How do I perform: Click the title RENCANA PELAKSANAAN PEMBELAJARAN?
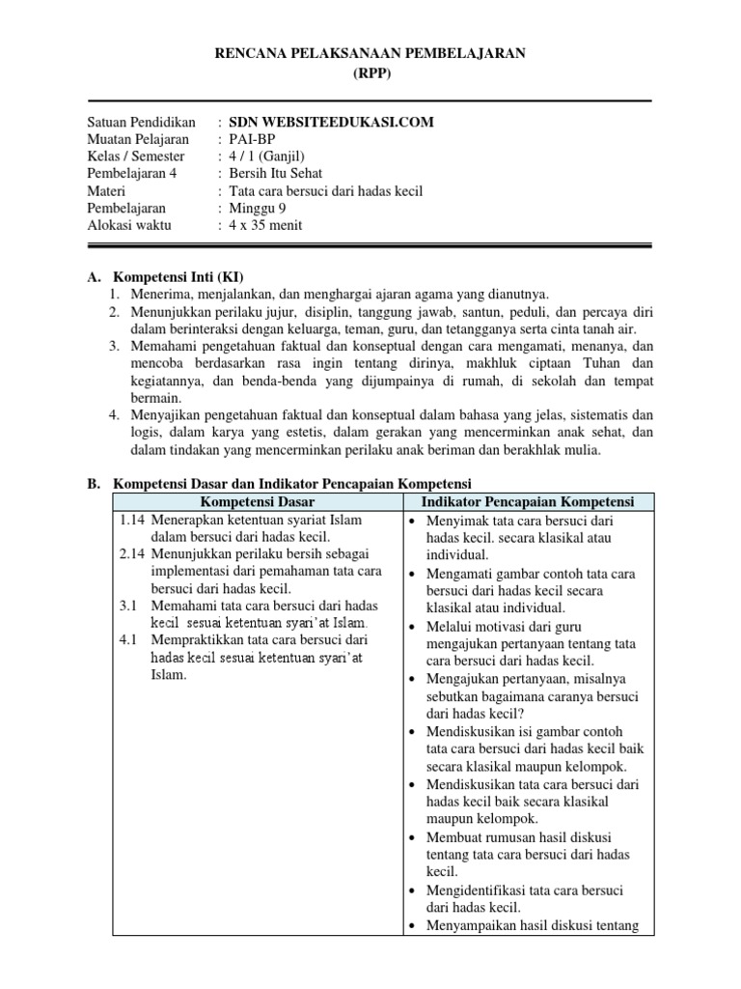coord(370,55)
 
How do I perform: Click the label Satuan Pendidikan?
coord(141,123)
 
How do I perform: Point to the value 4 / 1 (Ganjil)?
coord(270,157)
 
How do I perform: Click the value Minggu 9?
coord(257,209)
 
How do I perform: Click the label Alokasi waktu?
coord(129,226)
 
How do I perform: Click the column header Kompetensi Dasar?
coord(256,502)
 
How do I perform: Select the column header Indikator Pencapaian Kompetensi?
coord(527,502)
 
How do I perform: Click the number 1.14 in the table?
coord(132,520)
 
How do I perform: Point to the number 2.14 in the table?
coord(132,554)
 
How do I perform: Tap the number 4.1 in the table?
coord(128,640)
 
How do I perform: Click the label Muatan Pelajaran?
coord(137,140)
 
